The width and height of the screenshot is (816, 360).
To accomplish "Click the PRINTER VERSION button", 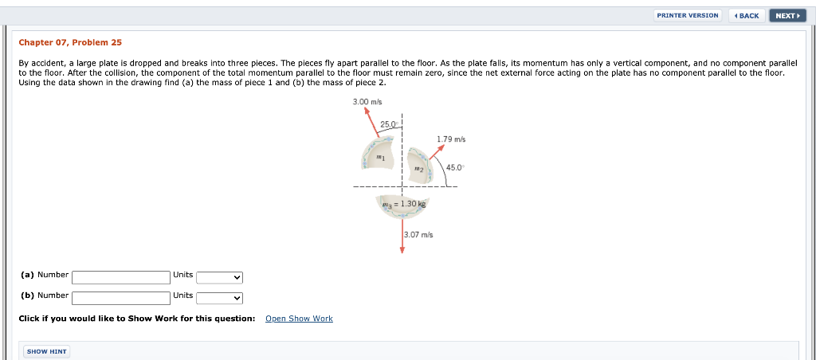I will pyautogui.click(x=688, y=15).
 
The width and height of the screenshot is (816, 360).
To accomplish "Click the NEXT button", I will pyautogui.click(x=787, y=15).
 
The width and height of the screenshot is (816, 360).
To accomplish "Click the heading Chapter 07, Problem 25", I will pyautogui.click(x=70, y=42).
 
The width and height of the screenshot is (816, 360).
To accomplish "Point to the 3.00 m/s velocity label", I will pyautogui.click(x=367, y=102).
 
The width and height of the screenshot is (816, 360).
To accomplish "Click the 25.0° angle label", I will pyautogui.click(x=389, y=124).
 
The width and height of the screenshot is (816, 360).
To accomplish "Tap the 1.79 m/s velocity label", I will pyautogui.click(x=451, y=139).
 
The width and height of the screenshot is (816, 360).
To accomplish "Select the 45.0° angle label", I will pyautogui.click(x=455, y=167).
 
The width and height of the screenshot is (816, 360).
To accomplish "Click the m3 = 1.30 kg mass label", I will pyautogui.click(x=404, y=204).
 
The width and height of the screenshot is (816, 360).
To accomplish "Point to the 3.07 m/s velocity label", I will pyautogui.click(x=418, y=234).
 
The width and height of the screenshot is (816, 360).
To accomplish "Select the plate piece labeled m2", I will pyautogui.click(x=420, y=168).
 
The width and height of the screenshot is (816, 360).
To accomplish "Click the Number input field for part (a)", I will pyautogui.click(x=121, y=277).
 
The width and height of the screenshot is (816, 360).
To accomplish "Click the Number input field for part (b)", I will pyautogui.click(x=121, y=298).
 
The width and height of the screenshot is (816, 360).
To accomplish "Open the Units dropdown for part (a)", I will pyautogui.click(x=219, y=277).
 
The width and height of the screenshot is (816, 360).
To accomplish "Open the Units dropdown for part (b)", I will pyautogui.click(x=219, y=298).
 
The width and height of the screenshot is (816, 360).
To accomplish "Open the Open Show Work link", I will pyautogui.click(x=299, y=319).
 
